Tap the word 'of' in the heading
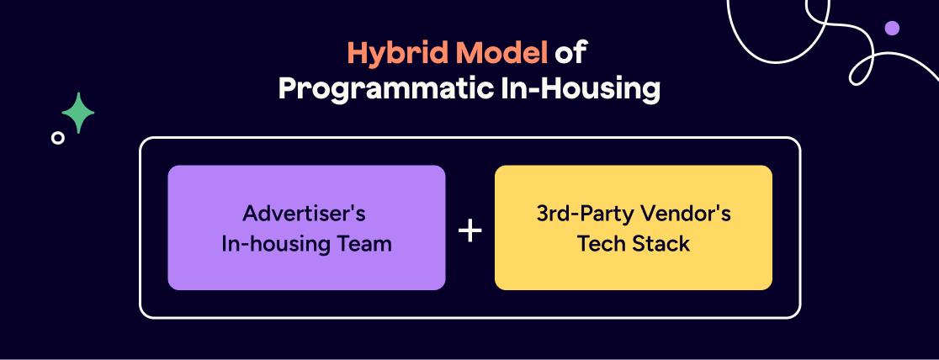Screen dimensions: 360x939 click(570, 53)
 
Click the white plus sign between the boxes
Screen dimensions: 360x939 click(469, 230)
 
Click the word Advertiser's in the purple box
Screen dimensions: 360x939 click(305, 214)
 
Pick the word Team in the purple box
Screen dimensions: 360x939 click(369, 245)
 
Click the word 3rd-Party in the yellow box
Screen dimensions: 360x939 click(581, 214)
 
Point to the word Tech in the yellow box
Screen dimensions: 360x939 click(600, 245)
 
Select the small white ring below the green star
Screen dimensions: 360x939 click(57, 138)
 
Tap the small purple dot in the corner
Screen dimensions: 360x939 click(892, 28)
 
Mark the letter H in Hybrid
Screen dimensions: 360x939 click(357, 53)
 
